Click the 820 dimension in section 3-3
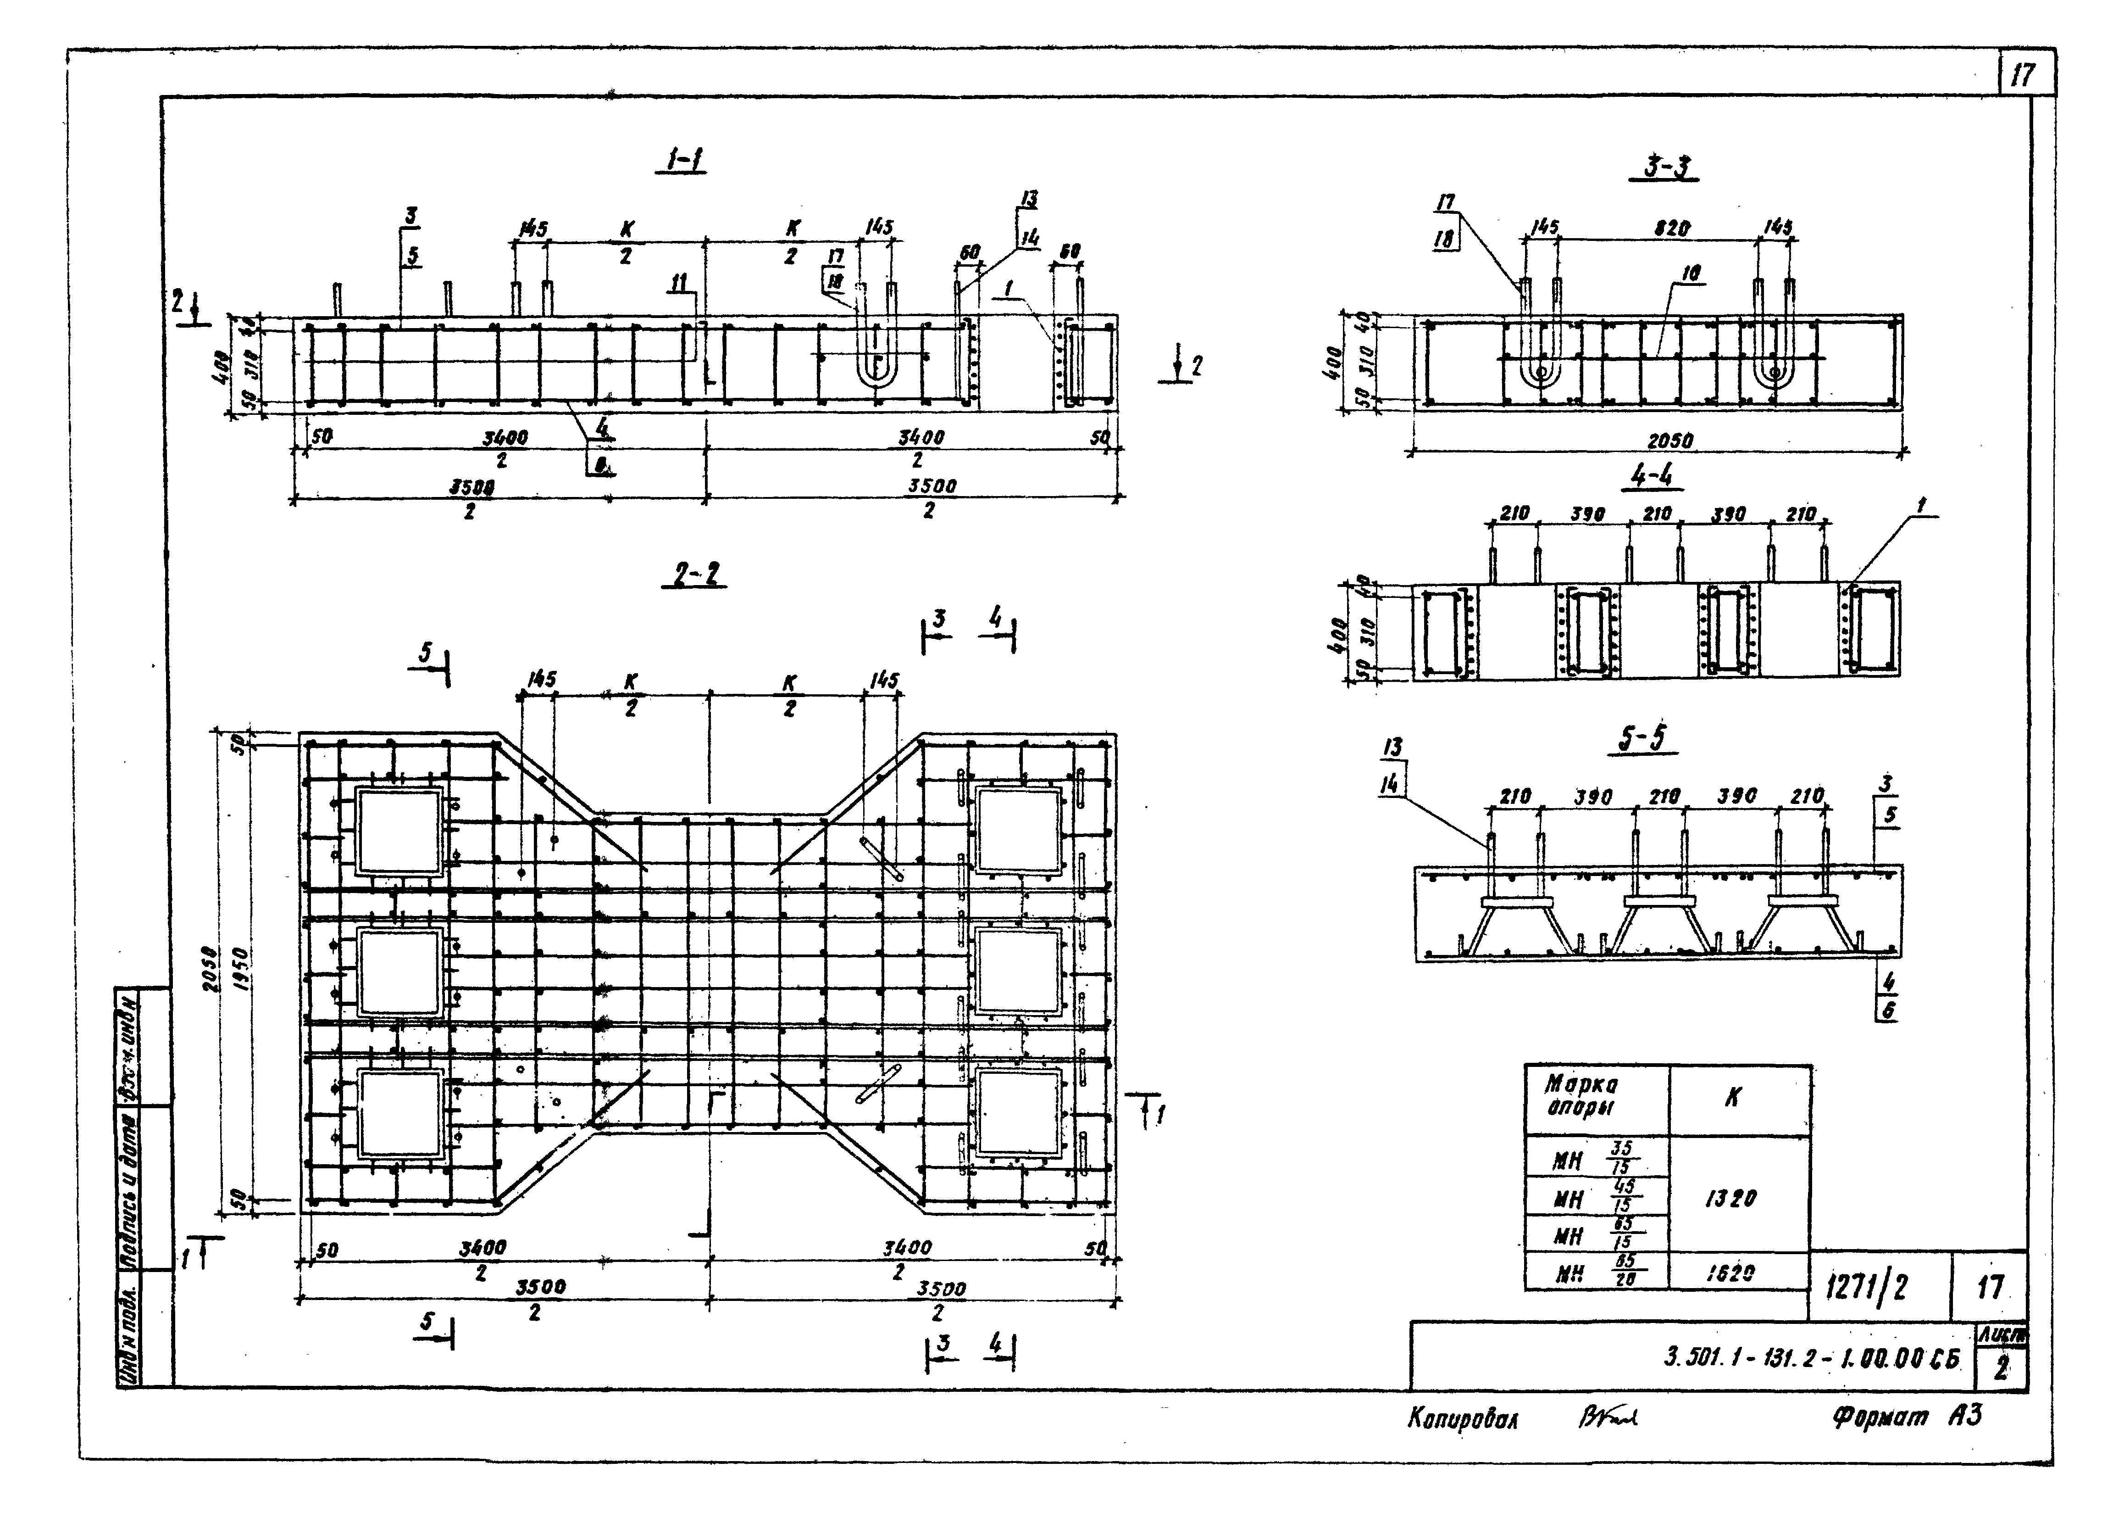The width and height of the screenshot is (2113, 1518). pyautogui.click(x=1672, y=229)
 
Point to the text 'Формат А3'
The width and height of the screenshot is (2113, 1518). pyautogui.click(x=1907, y=1417)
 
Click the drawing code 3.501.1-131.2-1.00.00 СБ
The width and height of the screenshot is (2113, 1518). pyautogui.click(x=1812, y=1359)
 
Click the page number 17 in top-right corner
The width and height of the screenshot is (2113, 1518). pyautogui.click(x=2023, y=74)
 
